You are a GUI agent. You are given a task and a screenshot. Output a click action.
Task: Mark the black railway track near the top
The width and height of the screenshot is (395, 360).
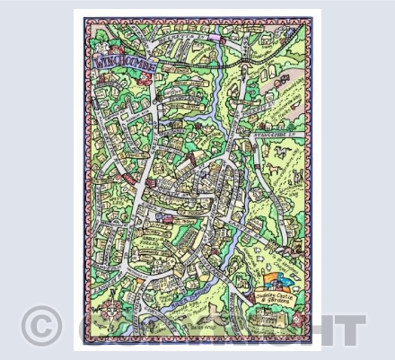242,67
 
